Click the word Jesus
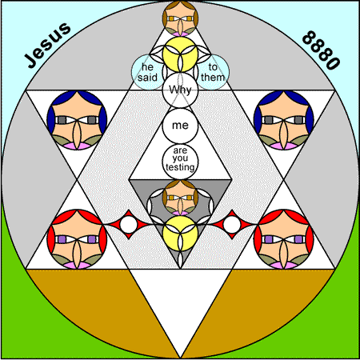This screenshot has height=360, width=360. click(47, 45)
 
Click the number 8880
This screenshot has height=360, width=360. click(321, 50)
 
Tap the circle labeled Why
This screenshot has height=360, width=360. click(180, 90)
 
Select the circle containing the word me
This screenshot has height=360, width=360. click(180, 126)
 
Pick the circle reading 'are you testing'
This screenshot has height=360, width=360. click(180, 162)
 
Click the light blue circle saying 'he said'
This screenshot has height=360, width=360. click(148, 72)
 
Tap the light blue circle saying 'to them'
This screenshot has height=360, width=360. click(213, 72)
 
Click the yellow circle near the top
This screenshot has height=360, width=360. click(180, 54)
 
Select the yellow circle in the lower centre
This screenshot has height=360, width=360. click(180, 234)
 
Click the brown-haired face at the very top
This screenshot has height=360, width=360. click(180, 18)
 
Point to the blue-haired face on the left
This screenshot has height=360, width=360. click(77, 120)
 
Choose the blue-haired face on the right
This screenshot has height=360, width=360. click(284, 120)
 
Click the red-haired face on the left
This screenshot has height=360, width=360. click(77, 239)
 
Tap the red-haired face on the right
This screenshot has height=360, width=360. click(284, 239)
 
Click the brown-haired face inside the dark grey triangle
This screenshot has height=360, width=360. click(180, 198)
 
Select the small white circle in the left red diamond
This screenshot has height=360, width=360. click(129, 224)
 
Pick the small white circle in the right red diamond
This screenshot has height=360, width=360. click(232, 224)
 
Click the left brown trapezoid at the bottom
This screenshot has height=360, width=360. click(106, 302)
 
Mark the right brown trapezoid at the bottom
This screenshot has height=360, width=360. click(254, 302)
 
